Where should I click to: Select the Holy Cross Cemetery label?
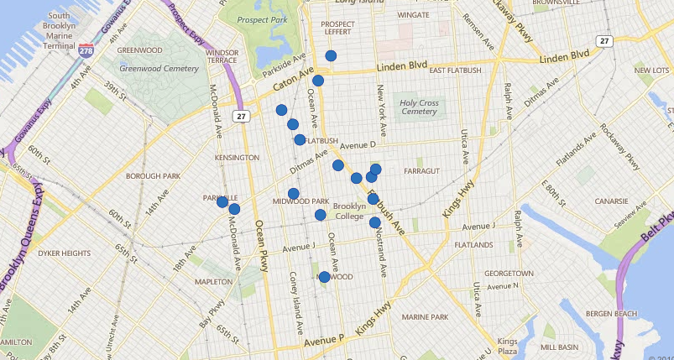pos(419,106)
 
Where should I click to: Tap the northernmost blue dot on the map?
pos(331,56)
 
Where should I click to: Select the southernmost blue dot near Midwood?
pos(324,277)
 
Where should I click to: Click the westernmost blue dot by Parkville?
pos(222,201)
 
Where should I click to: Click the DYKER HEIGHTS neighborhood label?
pos(64,253)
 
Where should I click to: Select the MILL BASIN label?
pos(559,347)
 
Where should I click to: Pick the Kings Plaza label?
pos(507,346)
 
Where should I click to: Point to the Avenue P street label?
pos(324,342)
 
